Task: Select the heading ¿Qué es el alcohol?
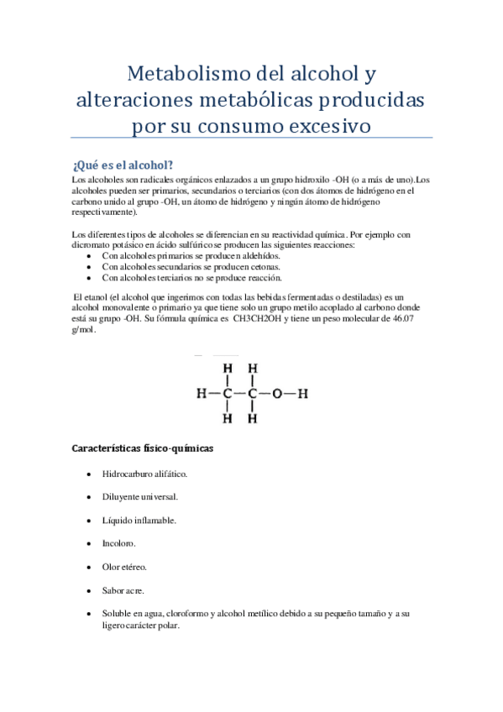(123, 164)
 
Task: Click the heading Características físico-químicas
(144, 448)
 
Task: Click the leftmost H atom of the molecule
(201, 392)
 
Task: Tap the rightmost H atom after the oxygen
(303, 392)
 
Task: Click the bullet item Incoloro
(119, 544)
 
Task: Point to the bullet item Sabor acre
(123, 591)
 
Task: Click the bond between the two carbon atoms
(239, 392)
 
